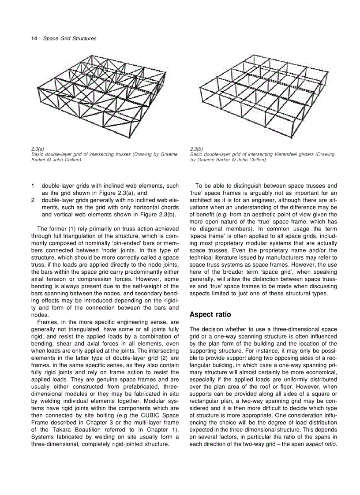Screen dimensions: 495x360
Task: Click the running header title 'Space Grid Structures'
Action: [x=70, y=39]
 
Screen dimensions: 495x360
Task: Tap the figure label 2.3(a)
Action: [x=37, y=149]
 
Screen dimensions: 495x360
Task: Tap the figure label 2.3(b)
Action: [x=196, y=149]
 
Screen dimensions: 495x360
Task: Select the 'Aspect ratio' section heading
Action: [x=210, y=315]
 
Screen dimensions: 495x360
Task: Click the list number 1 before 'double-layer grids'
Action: [x=33, y=186]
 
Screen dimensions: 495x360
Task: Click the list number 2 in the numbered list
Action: [x=33, y=200]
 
